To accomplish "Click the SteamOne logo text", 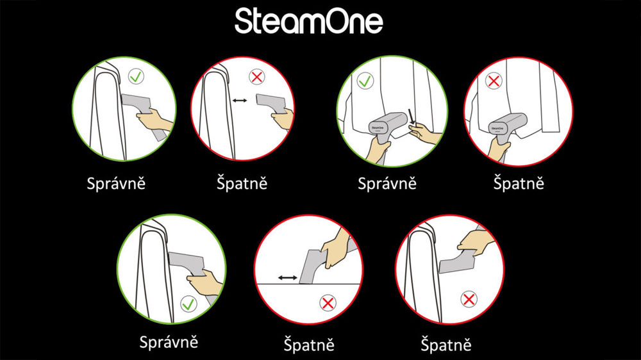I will click(x=308, y=22).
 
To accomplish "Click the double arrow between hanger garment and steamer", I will click(x=241, y=101).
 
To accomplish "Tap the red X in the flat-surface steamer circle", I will click(x=328, y=302).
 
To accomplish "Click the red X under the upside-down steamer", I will click(x=469, y=299).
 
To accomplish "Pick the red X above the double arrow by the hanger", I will click(x=257, y=78).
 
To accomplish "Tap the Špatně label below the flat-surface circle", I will click(x=309, y=345).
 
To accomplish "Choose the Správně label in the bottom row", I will click(x=169, y=342).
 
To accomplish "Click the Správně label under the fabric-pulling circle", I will click(x=387, y=183).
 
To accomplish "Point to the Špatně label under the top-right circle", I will click(x=519, y=183).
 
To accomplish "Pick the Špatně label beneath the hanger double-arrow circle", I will click(x=240, y=183).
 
